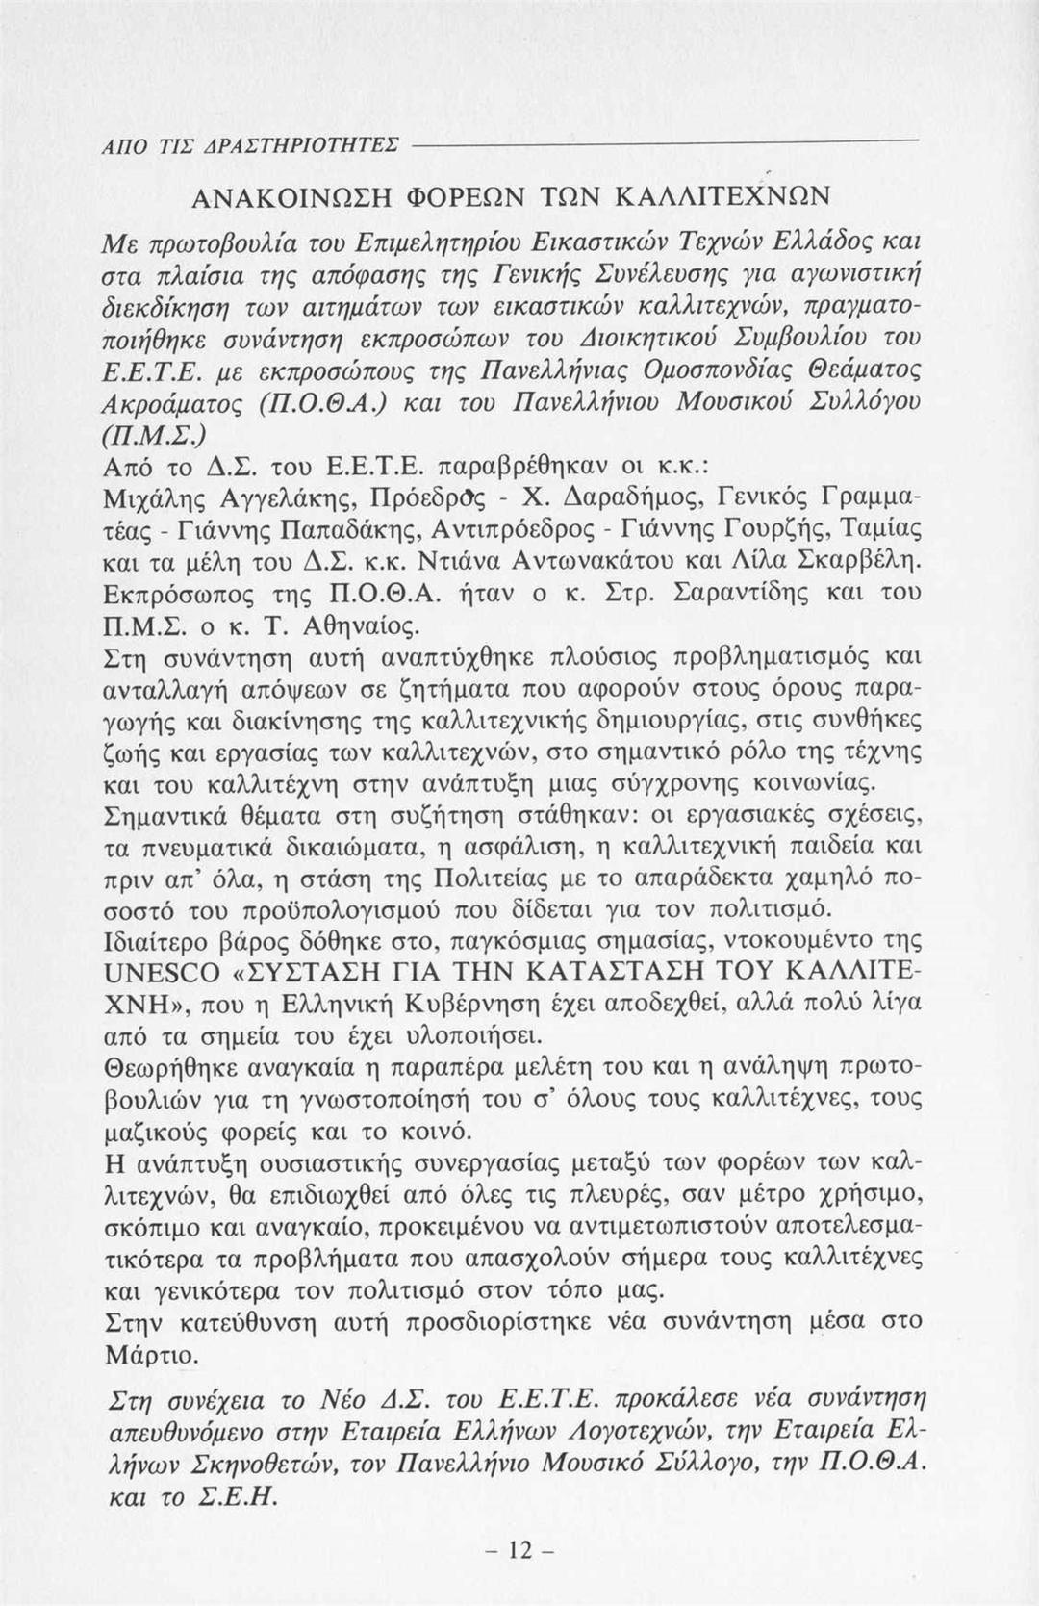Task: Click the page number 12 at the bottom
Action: click(x=518, y=1549)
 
